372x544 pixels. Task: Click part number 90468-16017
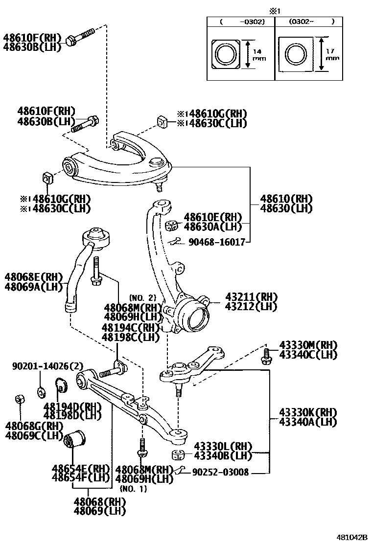[x=216, y=242]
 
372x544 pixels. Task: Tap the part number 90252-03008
[x=220, y=472]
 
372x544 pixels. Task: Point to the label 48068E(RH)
[x=34, y=277]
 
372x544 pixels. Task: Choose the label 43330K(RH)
[x=308, y=412]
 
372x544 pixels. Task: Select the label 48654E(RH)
[x=81, y=468]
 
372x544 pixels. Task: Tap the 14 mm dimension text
[x=257, y=55]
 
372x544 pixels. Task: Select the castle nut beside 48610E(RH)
[x=171, y=225]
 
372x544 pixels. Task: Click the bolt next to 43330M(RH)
[x=267, y=356]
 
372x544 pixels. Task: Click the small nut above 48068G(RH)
[x=21, y=399]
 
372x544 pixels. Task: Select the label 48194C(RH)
[x=131, y=327]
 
